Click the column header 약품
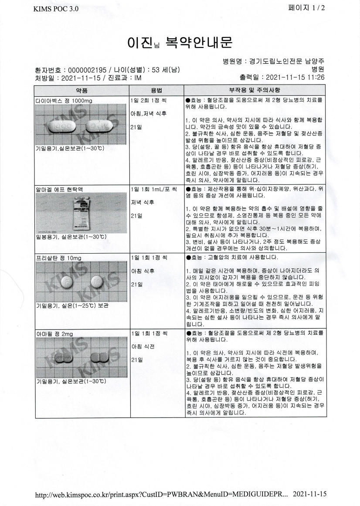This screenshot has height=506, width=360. tap(82, 90)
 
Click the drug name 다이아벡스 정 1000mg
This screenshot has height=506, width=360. tap(64, 100)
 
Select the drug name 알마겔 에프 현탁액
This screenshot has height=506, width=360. tap(59, 190)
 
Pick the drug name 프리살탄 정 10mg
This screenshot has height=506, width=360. tap(58, 258)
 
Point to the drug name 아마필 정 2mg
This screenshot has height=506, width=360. tap(54, 333)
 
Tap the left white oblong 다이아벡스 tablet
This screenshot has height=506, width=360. tap(63, 127)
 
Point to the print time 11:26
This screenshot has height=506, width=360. tap(316, 77)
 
